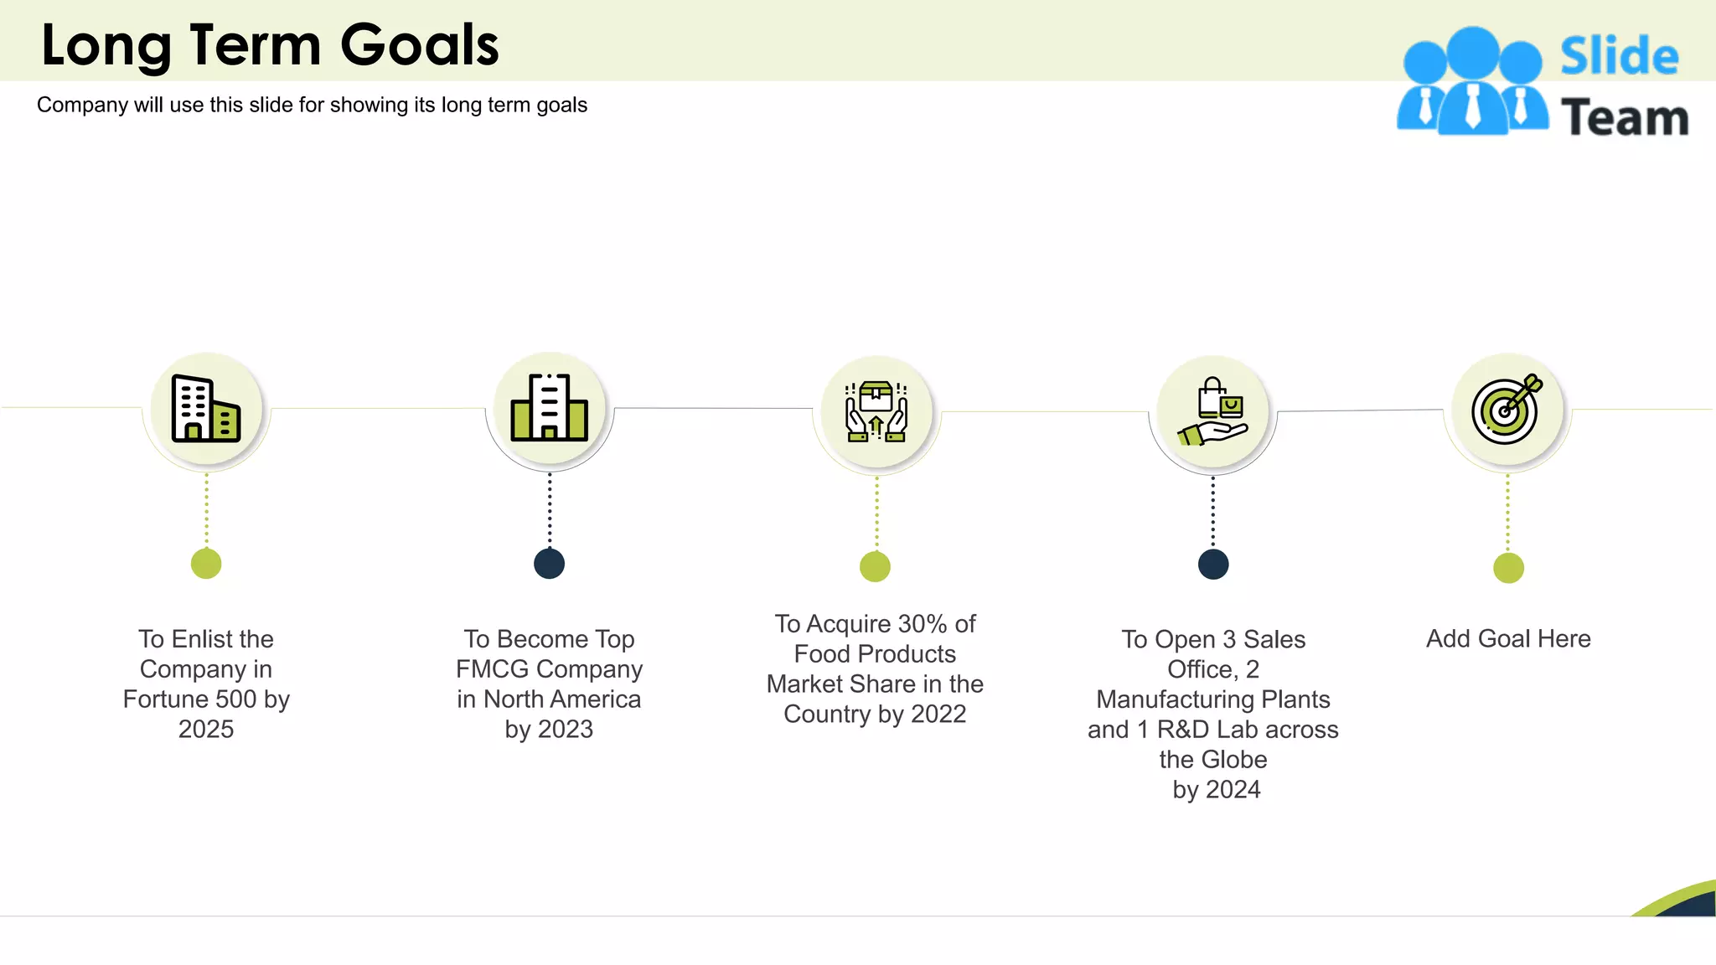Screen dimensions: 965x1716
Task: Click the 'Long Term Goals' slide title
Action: click(270, 45)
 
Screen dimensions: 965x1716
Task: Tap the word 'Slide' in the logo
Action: click(1619, 57)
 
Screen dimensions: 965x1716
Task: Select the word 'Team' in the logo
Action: click(1625, 118)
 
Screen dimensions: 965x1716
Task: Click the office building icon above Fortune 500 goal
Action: click(206, 409)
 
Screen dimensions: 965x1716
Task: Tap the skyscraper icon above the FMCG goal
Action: click(550, 408)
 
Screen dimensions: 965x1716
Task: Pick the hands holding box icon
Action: click(876, 411)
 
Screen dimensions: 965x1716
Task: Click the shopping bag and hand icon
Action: click(1213, 411)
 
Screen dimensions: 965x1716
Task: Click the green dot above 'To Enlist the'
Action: click(206, 564)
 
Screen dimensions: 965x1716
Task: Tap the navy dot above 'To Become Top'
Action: click(550, 564)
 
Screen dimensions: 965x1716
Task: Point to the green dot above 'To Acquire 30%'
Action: click(876, 567)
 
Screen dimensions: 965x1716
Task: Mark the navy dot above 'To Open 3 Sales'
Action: click(1213, 565)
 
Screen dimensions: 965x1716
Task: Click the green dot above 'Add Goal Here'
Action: click(1508, 568)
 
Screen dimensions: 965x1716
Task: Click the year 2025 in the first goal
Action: click(206, 730)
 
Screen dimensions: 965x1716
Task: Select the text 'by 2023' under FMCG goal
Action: click(550, 730)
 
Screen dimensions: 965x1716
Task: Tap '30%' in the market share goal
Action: click(923, 624)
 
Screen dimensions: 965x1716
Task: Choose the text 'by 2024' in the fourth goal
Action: click(1217, 790)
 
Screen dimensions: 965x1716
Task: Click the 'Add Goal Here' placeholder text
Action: click(1508, 639)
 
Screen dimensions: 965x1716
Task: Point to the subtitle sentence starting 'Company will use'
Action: click(312, 106)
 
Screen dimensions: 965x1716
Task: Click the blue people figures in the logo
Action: click(1472, 82)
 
